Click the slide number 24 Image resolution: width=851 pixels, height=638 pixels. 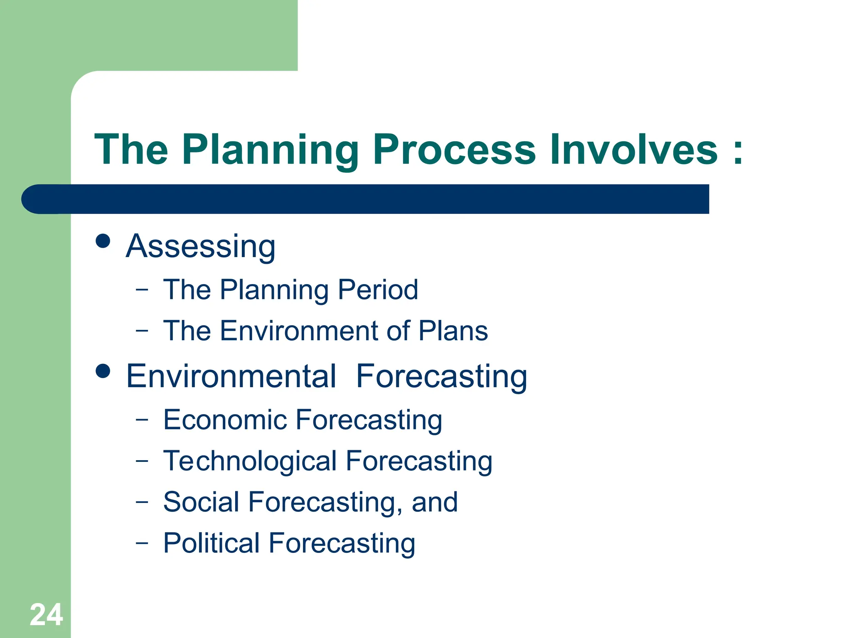click(46, 615)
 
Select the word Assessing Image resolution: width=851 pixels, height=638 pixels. click(201, 247)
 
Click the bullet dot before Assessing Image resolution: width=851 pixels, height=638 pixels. click(103, 240)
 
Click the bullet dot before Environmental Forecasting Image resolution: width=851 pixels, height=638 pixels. click(103, 371)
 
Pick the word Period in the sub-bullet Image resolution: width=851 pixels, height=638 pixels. click(378, 290)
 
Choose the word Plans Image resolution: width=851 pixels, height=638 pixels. click(453, 331)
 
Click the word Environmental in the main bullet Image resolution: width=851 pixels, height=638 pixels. click(231, 376)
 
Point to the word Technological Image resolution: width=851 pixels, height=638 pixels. click(250, 461)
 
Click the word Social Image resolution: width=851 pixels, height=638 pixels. click(201, 502)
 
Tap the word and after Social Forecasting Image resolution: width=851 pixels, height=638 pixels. click(435, 502)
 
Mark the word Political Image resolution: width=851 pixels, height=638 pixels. click(212, 543)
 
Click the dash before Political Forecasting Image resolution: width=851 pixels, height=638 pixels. click(142, 542)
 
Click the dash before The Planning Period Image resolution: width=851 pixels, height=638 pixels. click(142, 289)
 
